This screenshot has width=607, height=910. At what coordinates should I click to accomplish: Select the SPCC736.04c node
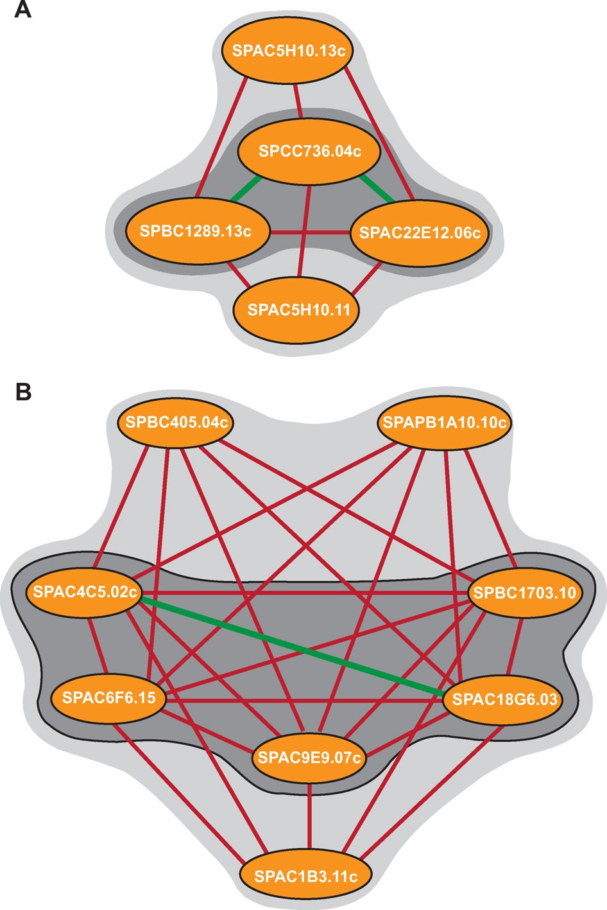(x=309, y=152)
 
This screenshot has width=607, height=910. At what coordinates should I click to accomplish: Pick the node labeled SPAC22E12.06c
(x=420, y=232)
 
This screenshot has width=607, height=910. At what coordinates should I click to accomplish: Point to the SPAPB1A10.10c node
(x=444, y=423)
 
